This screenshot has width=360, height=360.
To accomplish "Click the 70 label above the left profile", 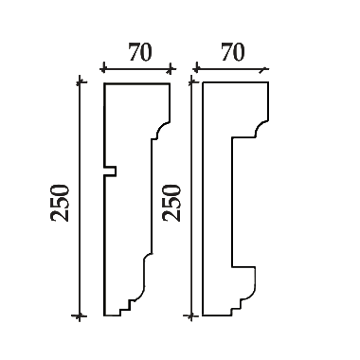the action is (140, 52).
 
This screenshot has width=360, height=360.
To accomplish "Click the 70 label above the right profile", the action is (233, 52).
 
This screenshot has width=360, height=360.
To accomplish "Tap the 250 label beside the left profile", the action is (60, 203).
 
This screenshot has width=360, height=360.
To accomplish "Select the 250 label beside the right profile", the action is (171, 203).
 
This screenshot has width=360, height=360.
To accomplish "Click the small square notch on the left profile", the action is (110, 171).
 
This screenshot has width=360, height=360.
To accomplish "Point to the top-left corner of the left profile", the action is (104, 83).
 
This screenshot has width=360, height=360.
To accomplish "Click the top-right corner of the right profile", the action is (268, 82).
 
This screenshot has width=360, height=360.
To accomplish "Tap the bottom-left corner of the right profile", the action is (203, 315).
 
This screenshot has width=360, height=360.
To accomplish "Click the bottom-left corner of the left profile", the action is (104, 315).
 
